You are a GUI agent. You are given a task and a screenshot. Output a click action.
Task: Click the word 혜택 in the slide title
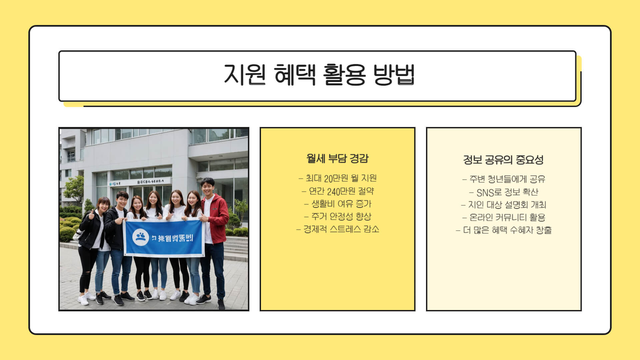pyautogui.click(x=295, y=75)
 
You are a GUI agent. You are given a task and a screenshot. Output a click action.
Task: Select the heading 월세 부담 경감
pyautogui.click(x=337, y=158)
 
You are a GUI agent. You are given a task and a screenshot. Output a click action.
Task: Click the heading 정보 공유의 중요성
pyautogui.click(x=503, y=160)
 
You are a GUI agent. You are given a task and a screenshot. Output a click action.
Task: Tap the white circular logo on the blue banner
pyautogui.click(x=140, y=237)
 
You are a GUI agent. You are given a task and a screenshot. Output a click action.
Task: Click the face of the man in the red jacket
pyautogui.click(x=207, y=188)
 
